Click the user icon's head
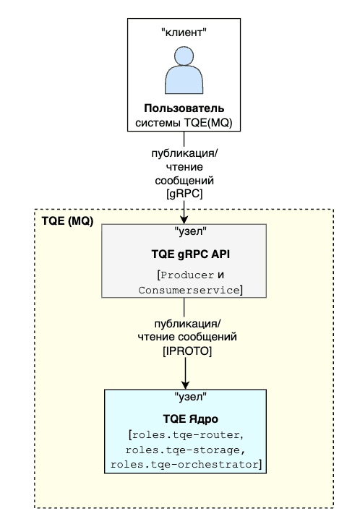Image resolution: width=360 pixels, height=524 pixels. [x=184, y=56]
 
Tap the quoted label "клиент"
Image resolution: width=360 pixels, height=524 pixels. [x=184, y=33]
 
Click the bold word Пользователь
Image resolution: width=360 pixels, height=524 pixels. [x=184, y=108]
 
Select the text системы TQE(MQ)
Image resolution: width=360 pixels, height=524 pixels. [x=184, y=123]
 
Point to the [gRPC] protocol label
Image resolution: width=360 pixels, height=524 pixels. [x=184, y=194]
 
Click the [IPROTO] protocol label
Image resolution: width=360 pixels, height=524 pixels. [x=187, y=351]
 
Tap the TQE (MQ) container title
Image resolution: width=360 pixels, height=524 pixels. [x=67, y=221]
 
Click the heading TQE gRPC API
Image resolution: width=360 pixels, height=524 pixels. [x=191, y=254]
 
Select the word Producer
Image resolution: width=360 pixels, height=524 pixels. [x=187, y=275]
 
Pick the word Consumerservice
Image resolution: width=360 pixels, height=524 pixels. [x=189, y=290]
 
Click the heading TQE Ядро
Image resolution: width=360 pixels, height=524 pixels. [x=191, y=418]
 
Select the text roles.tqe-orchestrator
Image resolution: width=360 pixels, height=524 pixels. [x=184, y=465]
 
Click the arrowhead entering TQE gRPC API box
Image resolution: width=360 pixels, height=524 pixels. [x=184, y=220]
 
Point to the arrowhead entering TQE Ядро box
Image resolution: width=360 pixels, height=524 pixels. [x=185, y=385]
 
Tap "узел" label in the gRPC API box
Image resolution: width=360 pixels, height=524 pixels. [x=191, y=231]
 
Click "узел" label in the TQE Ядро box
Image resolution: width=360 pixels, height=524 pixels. [x=191, y=397]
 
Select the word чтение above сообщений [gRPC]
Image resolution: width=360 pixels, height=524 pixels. [x=184, y=167]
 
